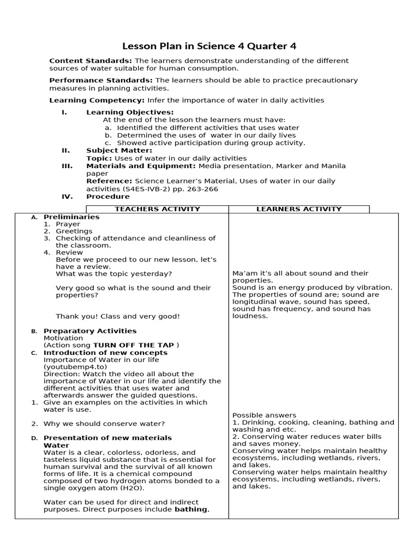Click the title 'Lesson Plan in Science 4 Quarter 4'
coord(209,46)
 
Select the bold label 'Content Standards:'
coord(91,61)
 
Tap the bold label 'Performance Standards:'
coord(101,80)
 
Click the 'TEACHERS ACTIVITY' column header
coord(157,209)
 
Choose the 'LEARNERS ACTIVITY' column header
coord(298,209)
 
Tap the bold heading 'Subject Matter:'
coord(119,150)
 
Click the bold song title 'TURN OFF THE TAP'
coord(134,345)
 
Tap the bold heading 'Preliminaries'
coord(71,217)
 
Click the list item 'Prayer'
coord(68,224)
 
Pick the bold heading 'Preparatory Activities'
coord(90,331)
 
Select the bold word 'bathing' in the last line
coord(191,509)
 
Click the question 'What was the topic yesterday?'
coord(113,273)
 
